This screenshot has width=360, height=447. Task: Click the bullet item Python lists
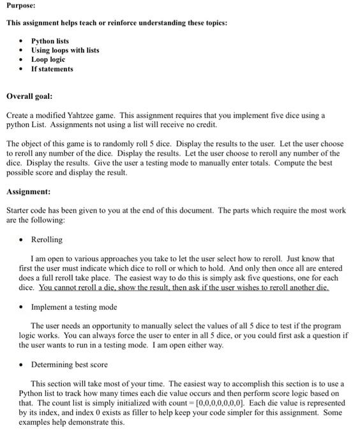[50, 41]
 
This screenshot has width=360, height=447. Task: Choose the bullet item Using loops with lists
[65, 50]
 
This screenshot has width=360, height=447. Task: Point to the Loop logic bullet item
[49, 59]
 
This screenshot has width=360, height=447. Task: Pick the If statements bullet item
[52, 69]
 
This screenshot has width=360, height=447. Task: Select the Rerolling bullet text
[47, 239]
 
